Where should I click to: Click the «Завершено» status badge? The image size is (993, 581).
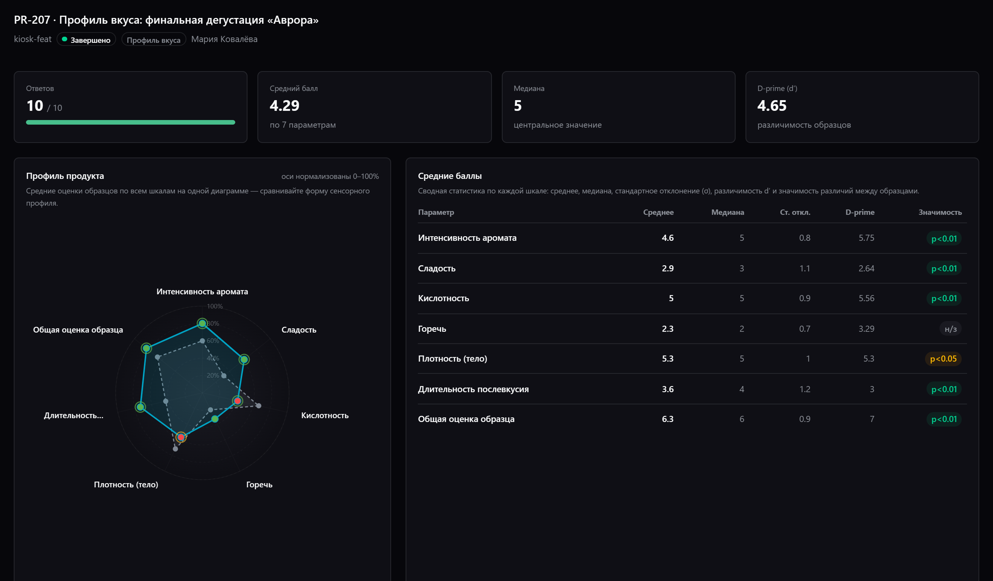click(x=86, y=39)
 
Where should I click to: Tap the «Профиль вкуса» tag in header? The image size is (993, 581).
click(x=153, y=39)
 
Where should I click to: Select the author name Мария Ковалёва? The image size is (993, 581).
click(x=224, y=39)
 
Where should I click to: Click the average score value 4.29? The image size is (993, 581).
click(x=285, y=105)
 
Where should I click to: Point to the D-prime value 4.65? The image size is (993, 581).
click(x=771, y=105)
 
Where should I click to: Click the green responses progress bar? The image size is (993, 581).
click(x=131, y=122)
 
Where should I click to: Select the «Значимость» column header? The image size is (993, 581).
click(x=940, y=212)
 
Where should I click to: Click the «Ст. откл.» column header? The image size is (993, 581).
click(x=795, y=212)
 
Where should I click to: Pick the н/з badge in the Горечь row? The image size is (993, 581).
click(x=951, y=329)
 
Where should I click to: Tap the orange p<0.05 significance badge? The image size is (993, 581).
click(x=943, y=359)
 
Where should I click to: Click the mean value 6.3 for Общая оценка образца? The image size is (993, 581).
click(x=668, y=419)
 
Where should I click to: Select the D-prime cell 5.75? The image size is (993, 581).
click(x=866, y=238)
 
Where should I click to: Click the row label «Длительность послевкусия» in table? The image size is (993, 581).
click(x=473, y=389)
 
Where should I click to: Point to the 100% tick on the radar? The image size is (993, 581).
click(x=215, y=306)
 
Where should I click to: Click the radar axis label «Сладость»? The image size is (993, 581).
click(x=299, y=330)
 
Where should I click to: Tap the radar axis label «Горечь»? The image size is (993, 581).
click(x=259, y=484)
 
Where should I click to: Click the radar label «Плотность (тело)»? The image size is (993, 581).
click(x=126, y=484)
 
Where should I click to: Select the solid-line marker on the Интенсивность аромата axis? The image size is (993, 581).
click(x=202, y=323)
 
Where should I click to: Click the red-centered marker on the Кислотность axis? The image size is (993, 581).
click(x=237, y=401)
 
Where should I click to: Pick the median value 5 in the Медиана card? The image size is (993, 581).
click(x=518, y=105)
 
